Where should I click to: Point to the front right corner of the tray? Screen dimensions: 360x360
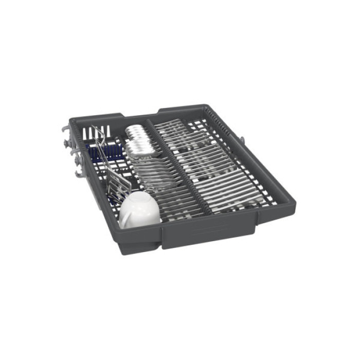pyautogui.click(x=288, y=206)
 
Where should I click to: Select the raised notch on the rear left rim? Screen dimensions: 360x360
pyautogui.click(x=115, y=116)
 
